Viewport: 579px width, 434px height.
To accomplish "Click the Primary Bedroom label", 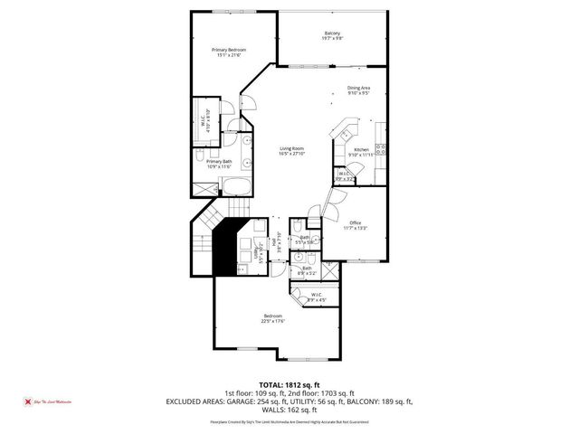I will (229, 50).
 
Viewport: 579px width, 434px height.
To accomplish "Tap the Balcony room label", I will (332, 33).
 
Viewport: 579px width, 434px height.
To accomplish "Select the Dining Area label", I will (359, 88).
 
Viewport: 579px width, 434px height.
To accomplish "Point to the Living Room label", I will (290, 148).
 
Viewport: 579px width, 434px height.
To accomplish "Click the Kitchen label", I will (361, 149).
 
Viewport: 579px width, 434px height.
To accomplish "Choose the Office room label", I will (356, 222).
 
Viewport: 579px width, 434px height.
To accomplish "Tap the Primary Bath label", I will (220, 161).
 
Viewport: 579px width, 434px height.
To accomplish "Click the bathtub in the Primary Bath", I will (238, 188).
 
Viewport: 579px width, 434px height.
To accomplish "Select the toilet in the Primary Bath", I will (202, 157).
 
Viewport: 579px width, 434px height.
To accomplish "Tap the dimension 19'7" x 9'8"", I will (332, 38).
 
